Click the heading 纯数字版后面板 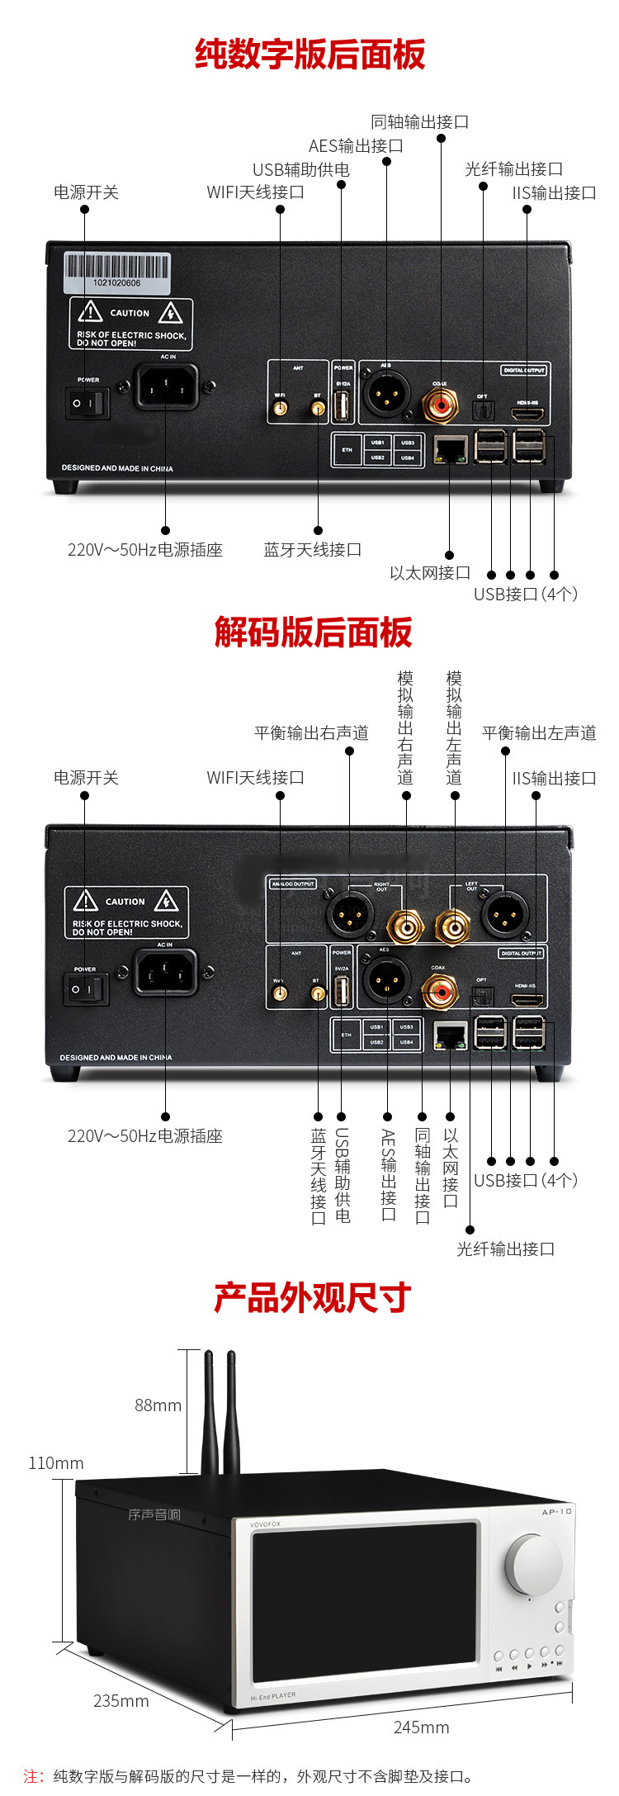coord(310,54)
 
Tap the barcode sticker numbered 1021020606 coord(117,272)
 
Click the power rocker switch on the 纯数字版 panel coord(87,403)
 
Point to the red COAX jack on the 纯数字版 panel coord(440,405)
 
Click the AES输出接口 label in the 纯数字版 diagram coord(356,146)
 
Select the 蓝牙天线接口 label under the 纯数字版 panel coord(313,550)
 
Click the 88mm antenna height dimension coord(158,1405)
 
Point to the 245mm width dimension coord(421,1727)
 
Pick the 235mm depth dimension coord(120,1701)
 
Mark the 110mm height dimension coord(56,1463)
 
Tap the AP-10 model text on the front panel coord(556,1512)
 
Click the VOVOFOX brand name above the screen coord(266,1524)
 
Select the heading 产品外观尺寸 coord(312,1297)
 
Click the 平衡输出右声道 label coord(311,733)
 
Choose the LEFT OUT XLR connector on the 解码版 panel coord(504,913)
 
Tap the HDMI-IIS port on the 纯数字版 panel coord(527,413)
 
